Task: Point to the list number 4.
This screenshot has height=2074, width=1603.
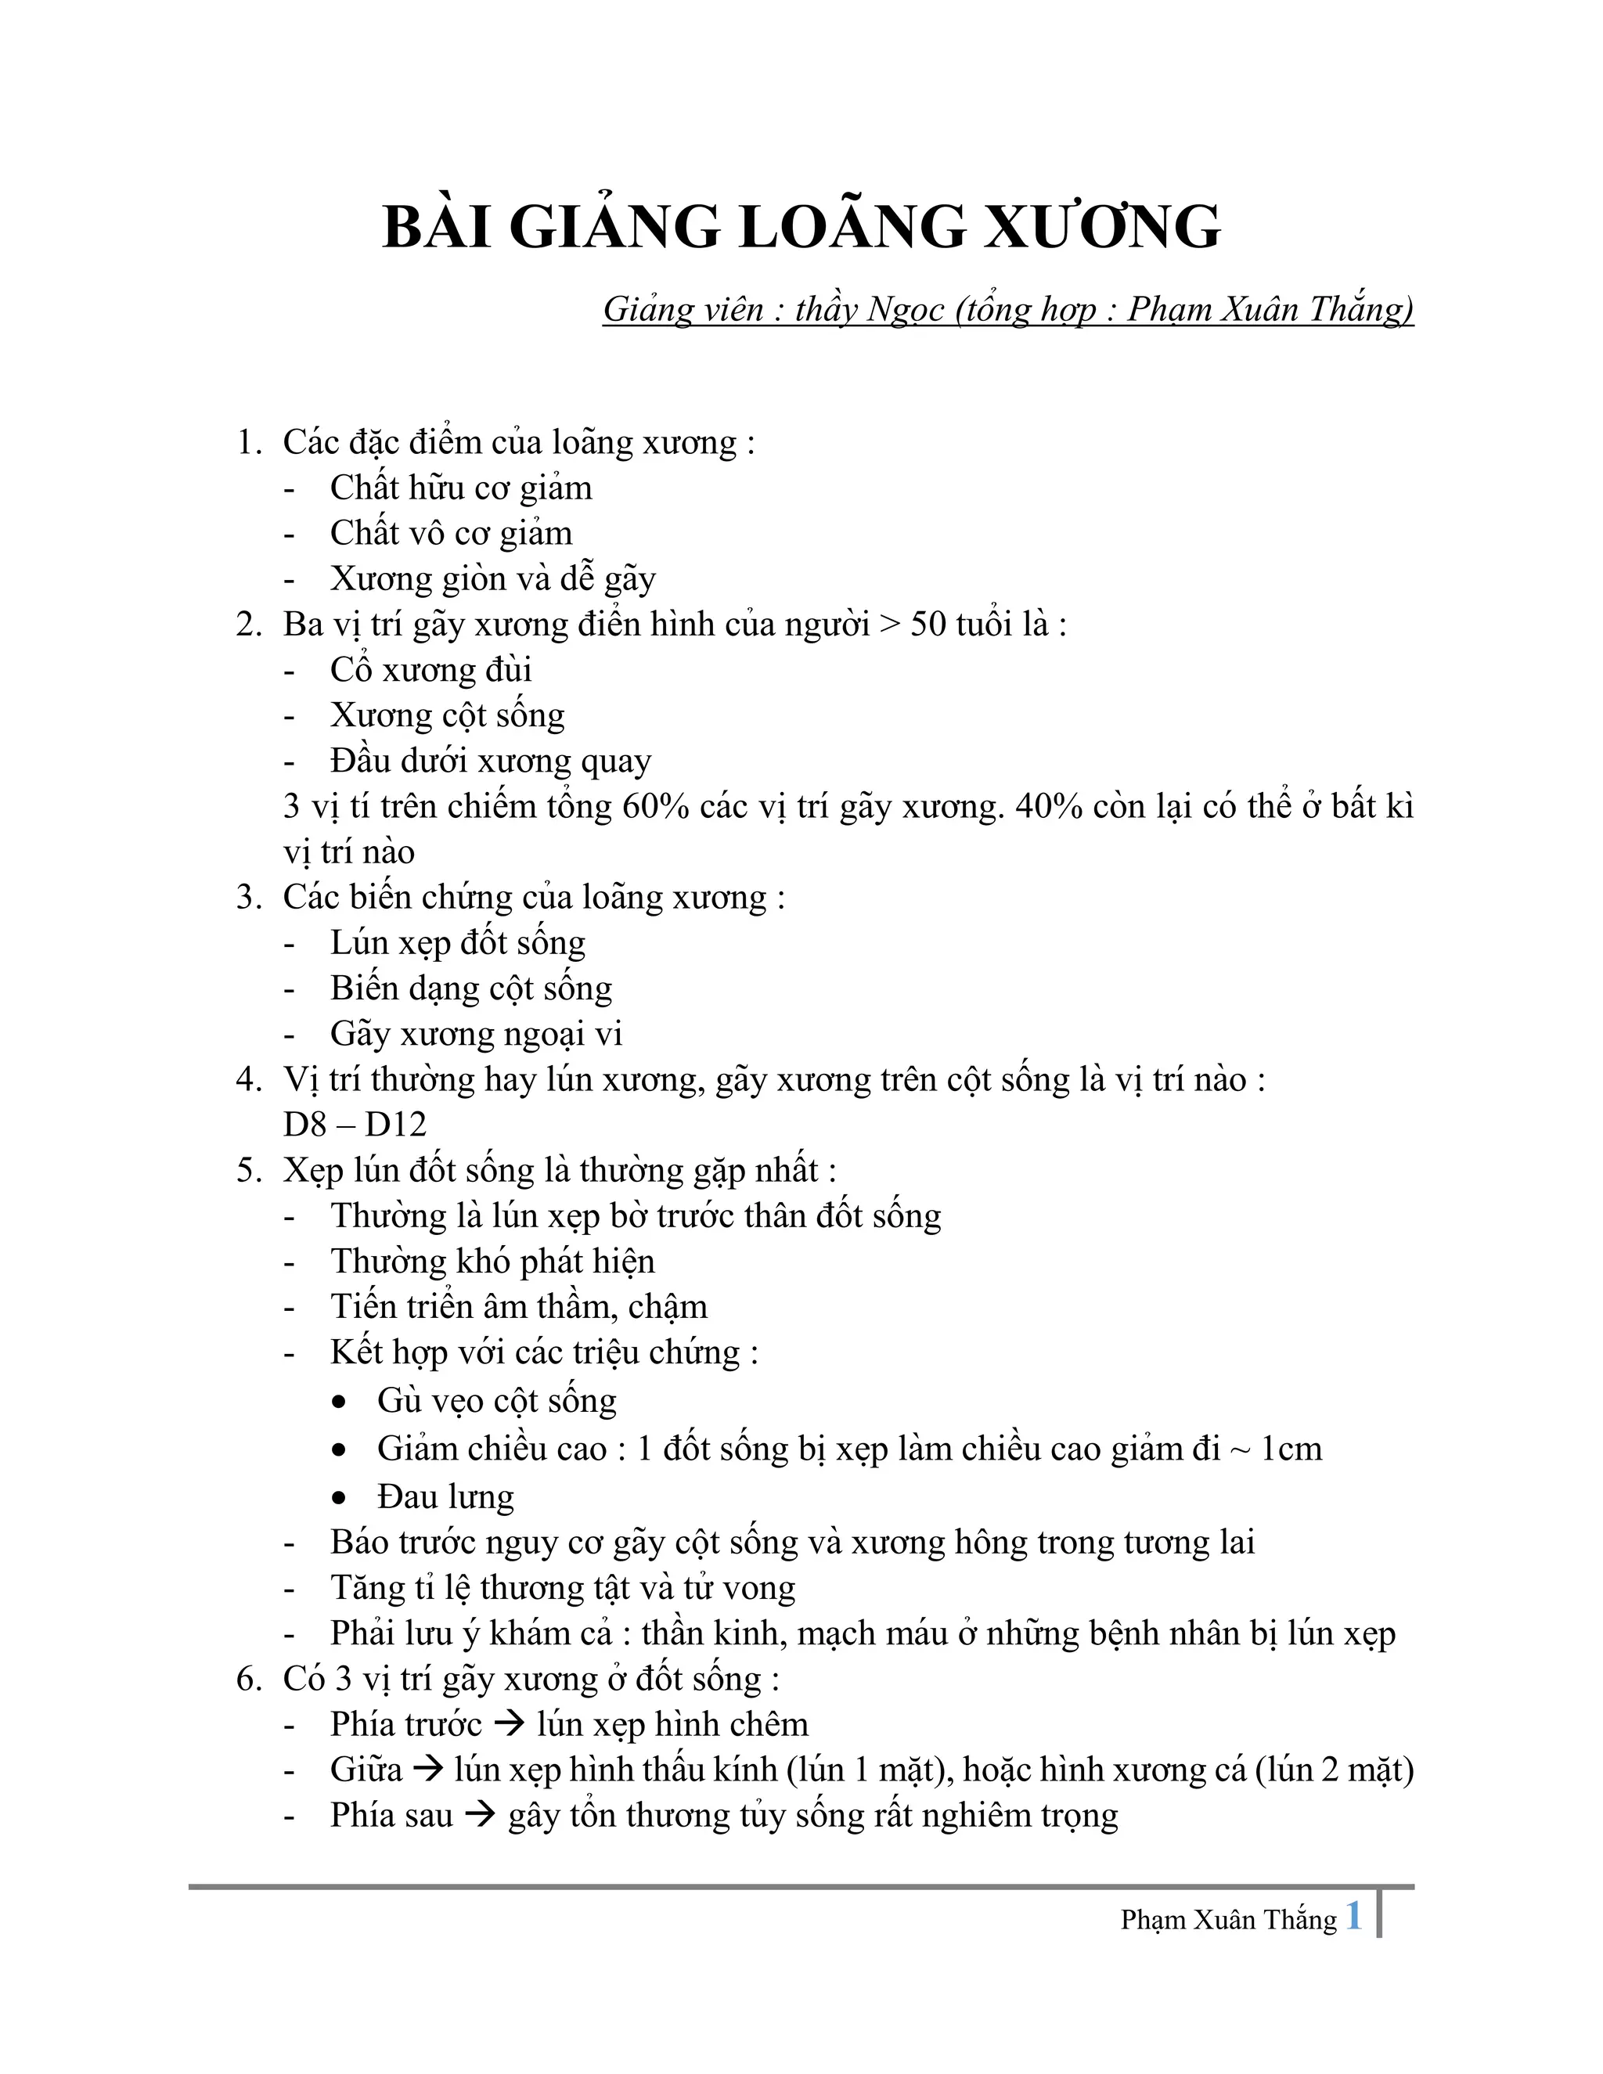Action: click(x=248, y=1080)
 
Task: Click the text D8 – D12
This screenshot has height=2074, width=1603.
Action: click(x=355, y=1125)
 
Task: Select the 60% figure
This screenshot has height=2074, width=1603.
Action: click(x=655, y=806)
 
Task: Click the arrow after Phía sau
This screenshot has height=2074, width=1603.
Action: click(x=481, y=1815)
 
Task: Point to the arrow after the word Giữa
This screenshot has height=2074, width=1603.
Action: click(x=429, y=1770)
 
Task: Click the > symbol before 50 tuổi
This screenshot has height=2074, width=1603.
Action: click(x=890, y=625)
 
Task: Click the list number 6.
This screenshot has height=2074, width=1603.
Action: click(x=248, y=1679)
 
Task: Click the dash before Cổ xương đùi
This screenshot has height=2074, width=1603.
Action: click(x=290, y=672)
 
